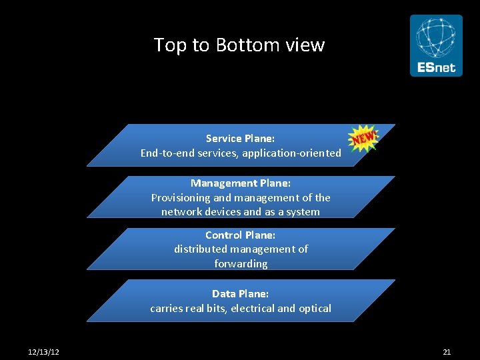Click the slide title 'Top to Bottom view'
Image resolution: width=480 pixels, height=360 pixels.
point(239,45)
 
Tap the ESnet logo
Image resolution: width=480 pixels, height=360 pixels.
point(436,45)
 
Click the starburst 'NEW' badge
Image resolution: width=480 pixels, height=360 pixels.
point(363,138)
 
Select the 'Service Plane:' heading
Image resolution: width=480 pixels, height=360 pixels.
point(240,139)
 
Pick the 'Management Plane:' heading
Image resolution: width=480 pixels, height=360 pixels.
point(241,183)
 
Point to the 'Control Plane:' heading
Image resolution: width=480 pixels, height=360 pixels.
point(240,235)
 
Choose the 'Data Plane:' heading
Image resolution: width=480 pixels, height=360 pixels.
point(240,293)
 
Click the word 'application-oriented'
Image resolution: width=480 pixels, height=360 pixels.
point(291,153)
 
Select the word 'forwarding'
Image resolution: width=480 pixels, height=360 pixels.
point(241,264)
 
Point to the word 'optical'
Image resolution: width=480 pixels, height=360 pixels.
point(315,308)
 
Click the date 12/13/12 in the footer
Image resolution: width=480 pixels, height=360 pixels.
point(44,351)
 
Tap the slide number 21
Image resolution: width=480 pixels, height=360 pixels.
point(447,351)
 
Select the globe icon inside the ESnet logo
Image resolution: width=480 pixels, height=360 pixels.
point(436,37)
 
